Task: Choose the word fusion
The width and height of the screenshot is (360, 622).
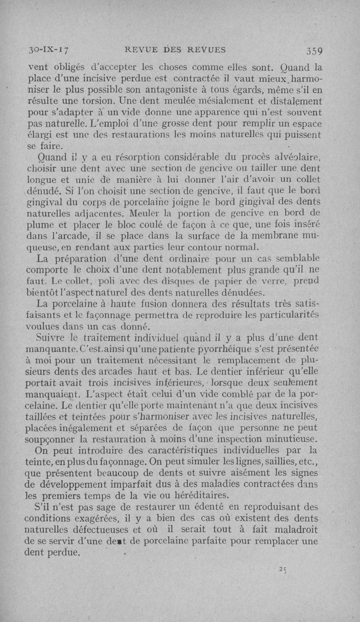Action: pos(149,314)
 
